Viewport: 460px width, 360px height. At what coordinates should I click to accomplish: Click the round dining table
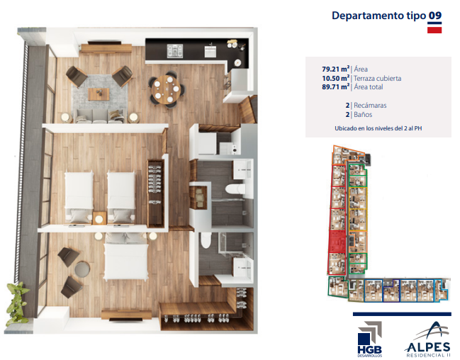[166, 89]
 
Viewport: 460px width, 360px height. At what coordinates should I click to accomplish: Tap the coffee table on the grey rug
[99, 94]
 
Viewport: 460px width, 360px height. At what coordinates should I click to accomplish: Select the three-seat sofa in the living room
[99, 116]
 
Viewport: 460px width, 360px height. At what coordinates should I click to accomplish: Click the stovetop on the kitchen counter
[175, 51]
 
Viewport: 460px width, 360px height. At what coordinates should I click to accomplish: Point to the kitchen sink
[211, 51]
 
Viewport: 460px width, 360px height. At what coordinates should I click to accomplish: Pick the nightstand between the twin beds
[99, 218]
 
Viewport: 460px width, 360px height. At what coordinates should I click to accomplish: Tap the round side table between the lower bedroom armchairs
[82, 269]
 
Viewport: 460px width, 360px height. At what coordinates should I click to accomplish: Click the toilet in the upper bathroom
[235, 189]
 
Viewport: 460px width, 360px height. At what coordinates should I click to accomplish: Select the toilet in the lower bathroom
[206, 240]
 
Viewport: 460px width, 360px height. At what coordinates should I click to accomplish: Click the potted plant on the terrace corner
[17, 301]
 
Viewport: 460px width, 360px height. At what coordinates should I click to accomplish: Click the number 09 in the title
[435, 16]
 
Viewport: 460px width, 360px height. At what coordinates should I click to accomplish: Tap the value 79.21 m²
[336, 69]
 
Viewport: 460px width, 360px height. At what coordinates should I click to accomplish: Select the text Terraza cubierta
[377, 79]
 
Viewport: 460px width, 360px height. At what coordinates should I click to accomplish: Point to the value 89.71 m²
[336, 87]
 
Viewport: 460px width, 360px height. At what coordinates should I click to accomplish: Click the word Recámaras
[370, 106]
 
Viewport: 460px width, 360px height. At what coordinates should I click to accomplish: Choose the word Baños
[363, 114]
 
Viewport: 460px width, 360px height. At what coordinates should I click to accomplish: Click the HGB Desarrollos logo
[370, 339]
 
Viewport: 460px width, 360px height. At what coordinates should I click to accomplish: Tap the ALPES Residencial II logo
[427, 339]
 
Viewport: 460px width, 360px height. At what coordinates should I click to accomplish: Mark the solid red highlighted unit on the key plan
[337, 242]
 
